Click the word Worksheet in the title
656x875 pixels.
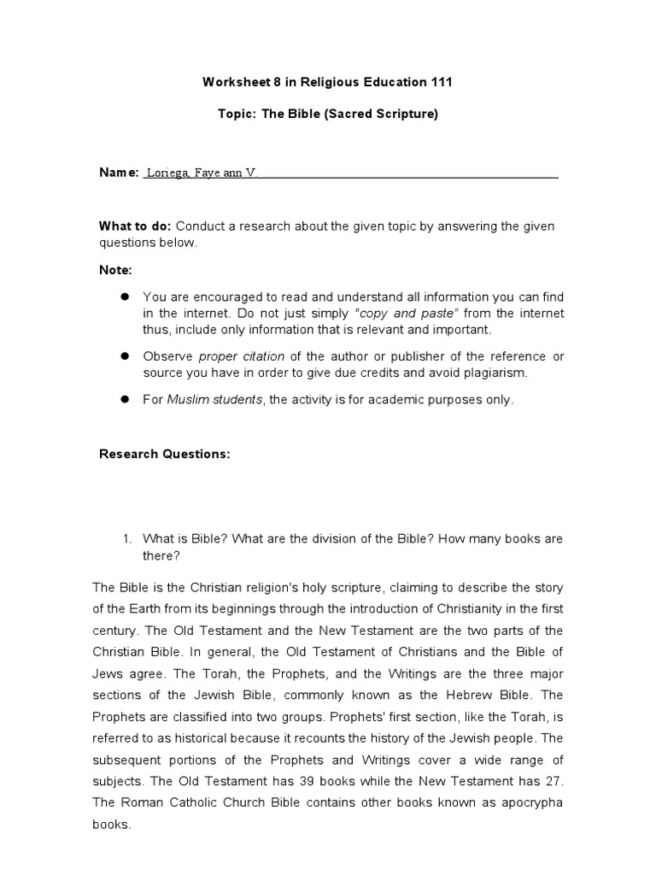232,83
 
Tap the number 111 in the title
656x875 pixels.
440,83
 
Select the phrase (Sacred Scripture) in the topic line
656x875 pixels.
381,114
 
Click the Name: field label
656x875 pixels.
119,173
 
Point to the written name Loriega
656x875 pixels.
168,173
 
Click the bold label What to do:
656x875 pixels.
136,226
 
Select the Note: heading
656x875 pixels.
115,270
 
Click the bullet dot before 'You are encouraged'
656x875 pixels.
123,297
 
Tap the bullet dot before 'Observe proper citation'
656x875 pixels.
123,355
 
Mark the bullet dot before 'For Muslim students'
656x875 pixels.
123,399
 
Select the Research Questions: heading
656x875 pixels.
165,454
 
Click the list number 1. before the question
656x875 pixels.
126,538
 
